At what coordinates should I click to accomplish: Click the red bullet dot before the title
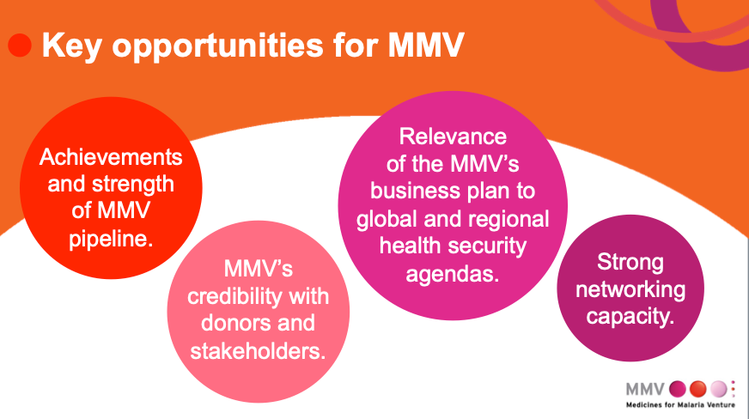(20, 46)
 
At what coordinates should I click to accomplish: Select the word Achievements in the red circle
(112, 158)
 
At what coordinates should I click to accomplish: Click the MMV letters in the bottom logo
(645, 387)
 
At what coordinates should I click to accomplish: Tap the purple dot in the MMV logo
(677, 387)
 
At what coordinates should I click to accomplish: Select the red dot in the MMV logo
(698, 387)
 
